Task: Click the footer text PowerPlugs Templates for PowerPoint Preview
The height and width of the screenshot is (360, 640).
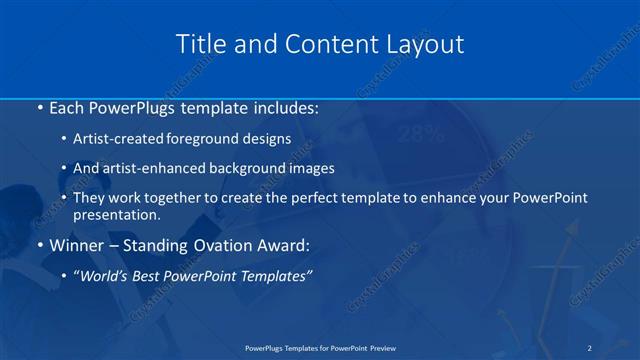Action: pyautogui.click(x=319, y=347)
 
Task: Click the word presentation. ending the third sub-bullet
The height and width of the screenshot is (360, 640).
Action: pyautogui.click(x=116, y=214)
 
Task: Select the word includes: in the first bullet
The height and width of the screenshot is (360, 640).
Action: pyautogui.click(x=286, y=106)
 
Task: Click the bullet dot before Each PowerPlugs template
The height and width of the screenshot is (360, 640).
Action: pyautogui.click(x=38, y=106)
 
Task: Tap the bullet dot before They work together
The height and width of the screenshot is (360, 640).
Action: pyautogui.click(x=63, y=198)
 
